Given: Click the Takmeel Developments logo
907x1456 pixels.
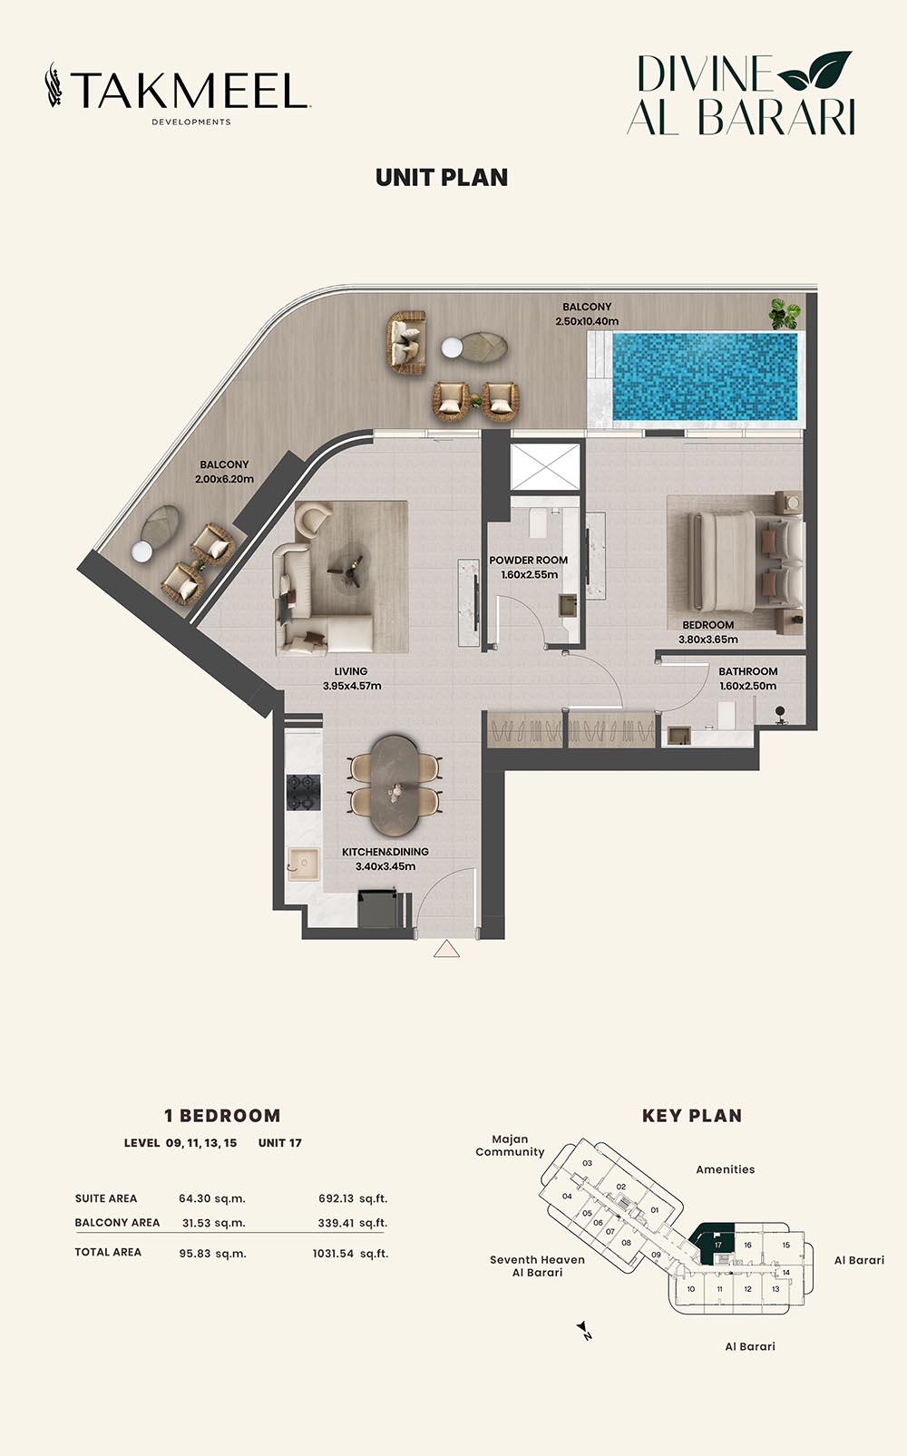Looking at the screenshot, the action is [178, 93].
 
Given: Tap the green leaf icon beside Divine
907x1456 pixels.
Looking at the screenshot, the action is [814, 70].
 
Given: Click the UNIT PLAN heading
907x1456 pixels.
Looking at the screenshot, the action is [442, 178].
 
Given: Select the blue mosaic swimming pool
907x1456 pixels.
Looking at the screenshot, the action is [706, 376].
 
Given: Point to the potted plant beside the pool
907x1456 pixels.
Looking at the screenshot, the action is [785, 313].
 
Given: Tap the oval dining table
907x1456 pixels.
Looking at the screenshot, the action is [396, 786].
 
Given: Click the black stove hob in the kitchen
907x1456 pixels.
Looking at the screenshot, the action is [304, 792].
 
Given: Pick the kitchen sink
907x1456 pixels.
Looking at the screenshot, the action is [304, 864].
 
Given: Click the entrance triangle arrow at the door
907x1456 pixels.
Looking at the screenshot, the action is [446, 949].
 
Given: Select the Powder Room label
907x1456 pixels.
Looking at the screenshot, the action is [528, 560].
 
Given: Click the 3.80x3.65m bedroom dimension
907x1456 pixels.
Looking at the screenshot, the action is [708, 639].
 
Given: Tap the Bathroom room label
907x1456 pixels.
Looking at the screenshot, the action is [747, 670].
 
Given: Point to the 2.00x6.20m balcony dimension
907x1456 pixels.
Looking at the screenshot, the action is [224, 479].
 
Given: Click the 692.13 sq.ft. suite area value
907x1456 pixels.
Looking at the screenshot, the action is [353, 1198].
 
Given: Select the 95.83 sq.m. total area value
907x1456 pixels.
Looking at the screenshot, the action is [212, 1253].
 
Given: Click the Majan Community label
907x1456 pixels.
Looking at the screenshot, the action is [510, 1146].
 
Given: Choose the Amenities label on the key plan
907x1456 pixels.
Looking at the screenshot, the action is [725, 1169].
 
